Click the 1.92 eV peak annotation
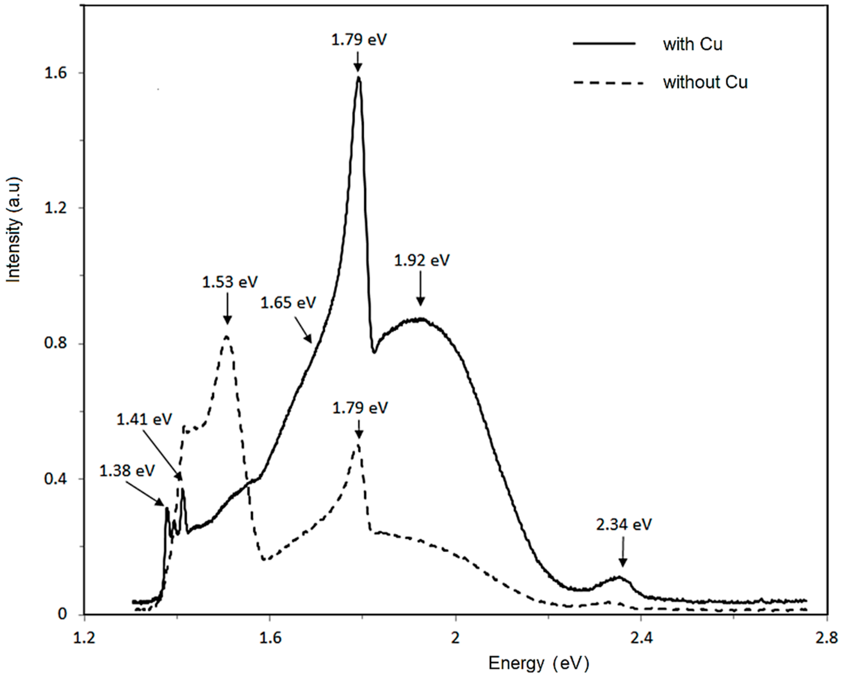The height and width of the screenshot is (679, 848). (421, 261)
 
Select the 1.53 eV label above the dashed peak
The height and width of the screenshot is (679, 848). (230, 282)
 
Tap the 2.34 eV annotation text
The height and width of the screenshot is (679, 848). (623, 524)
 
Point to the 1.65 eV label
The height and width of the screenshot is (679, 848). (288, 303)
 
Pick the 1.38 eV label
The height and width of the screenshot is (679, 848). (127, 471)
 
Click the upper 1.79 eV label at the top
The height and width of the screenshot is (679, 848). (359, 40)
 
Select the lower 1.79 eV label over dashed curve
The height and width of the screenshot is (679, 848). (360, 408)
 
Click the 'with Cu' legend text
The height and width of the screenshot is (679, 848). (692, 45)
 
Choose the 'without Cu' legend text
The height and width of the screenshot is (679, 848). (705, 83)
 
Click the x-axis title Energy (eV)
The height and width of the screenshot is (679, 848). (539, 663)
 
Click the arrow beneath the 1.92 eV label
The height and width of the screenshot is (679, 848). (420, 289)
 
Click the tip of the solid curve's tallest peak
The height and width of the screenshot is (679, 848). (358, 78)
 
